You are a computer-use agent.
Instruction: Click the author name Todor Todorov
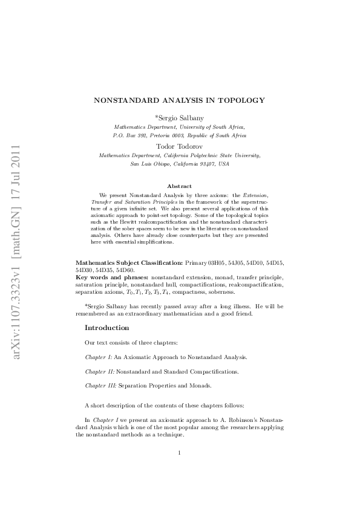click(x=180, y=146)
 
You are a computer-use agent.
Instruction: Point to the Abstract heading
click(x=180, y=186)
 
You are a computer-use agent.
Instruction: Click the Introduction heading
click(x=106, y=328)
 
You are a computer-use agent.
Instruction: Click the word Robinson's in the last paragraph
click(x=209, y=419)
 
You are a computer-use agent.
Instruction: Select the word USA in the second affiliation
click(x=224, y=164)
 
